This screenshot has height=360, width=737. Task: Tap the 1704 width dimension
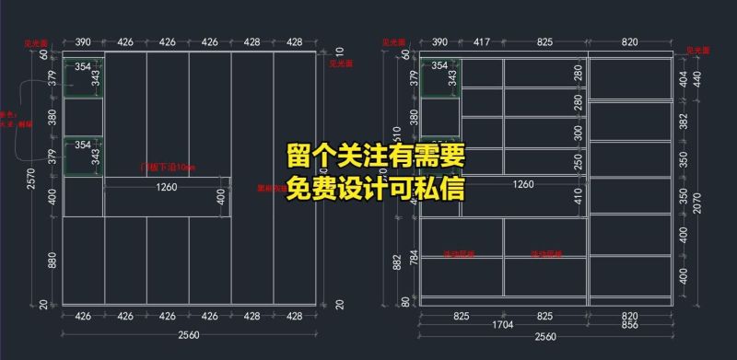(x=503, y=326)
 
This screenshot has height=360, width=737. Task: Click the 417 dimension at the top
(x=481, y=42)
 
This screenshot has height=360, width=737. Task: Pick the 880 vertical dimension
(x=52, y=261)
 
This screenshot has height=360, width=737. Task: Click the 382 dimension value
(x=683, y=122)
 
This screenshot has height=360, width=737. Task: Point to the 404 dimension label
(x=683, y=80)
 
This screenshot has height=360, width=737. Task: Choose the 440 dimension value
(x=696, y=79)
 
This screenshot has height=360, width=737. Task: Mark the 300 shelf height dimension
(x=579, y=133)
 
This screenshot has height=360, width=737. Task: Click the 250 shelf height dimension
(x=579, y=161)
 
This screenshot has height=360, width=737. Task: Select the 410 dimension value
(x=579, y=196)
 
